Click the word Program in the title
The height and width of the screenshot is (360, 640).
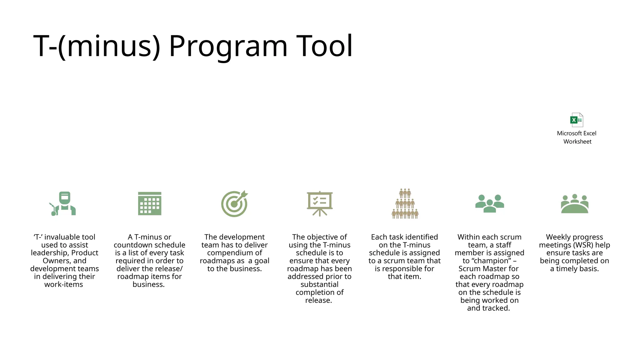click(228, 47)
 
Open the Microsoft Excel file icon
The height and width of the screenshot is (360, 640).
click(577, 120)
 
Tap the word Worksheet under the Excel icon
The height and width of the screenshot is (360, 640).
click(577, 142)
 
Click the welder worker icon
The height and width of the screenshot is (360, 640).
click(64, 204)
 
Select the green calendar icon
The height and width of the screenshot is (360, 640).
click(150, 204)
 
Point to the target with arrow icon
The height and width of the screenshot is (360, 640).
click(234, 204)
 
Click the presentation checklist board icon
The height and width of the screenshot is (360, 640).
click(320, 204)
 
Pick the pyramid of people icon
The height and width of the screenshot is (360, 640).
click(405, 204)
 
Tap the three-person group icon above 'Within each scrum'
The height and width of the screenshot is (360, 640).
click(490, 204)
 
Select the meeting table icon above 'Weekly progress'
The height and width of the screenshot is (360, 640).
click(575, 204)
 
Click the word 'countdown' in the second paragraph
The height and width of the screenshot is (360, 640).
click(132, 245)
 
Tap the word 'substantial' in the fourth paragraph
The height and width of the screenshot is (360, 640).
click(319, 284)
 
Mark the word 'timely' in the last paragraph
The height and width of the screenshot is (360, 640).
click(567, 269)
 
